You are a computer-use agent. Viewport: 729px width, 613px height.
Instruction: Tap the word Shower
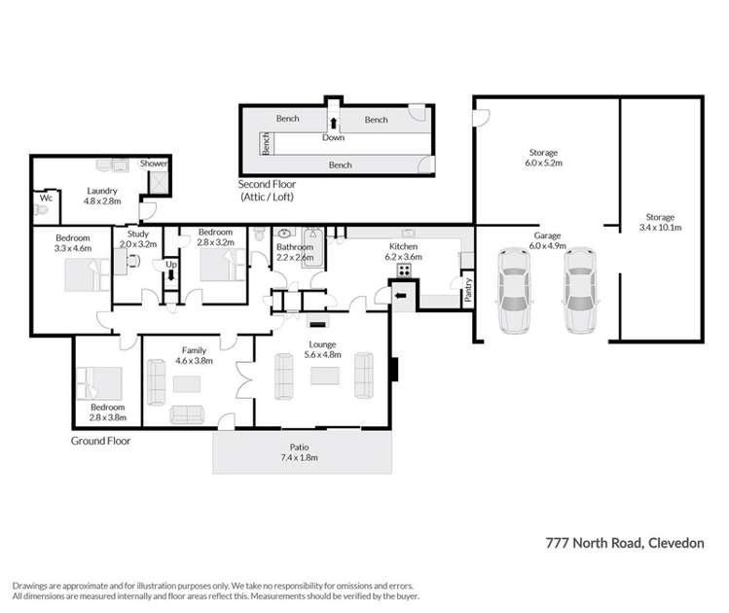[x=154, y=164]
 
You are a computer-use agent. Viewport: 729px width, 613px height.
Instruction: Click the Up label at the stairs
[x=171, y=264]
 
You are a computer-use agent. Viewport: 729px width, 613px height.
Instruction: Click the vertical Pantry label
[x=468, y=292]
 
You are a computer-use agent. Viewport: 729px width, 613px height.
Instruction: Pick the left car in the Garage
[x=516, y=289]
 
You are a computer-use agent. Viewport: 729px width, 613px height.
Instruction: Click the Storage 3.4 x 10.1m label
[x=660, y=223]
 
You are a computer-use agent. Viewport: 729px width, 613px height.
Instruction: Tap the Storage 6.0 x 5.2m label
[x=543, y=158]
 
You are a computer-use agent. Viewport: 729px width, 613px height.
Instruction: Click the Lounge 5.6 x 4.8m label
[x=323, y=349]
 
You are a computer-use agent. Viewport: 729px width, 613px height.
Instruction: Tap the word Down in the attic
[x=333, y=138]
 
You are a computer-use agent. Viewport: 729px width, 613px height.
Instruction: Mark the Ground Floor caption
[x=100, y=441]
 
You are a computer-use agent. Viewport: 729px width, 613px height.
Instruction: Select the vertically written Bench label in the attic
[x=265, y=144]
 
